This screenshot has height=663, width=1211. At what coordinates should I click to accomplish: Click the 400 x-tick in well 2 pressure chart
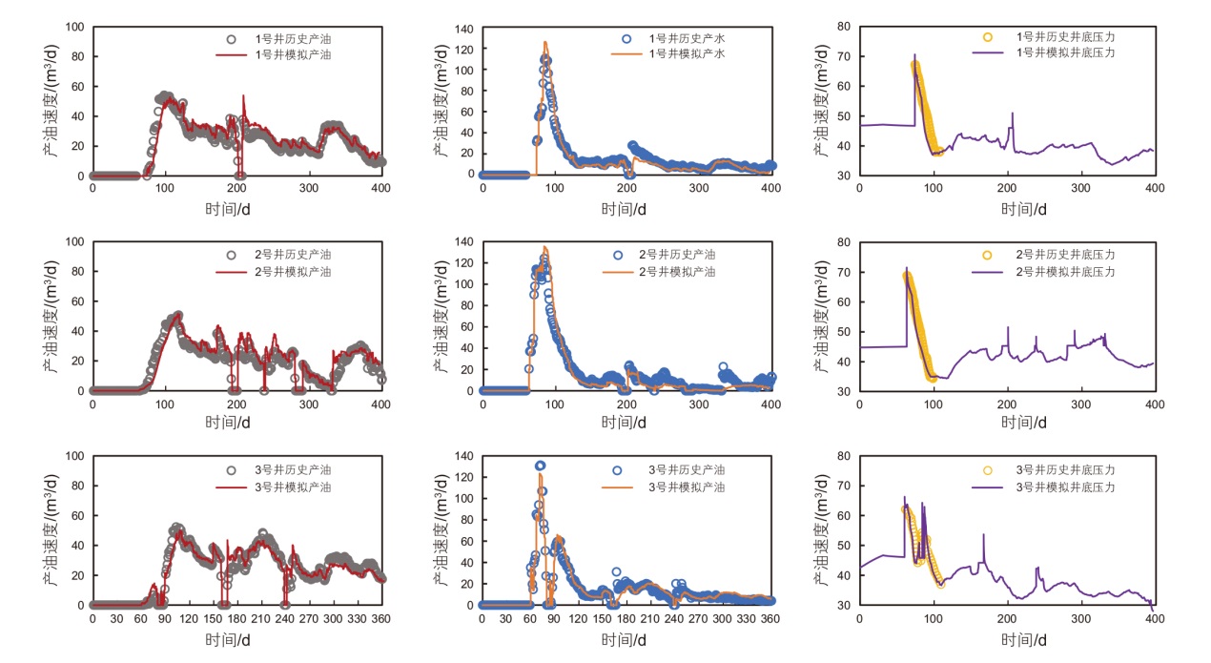pos(1154,404)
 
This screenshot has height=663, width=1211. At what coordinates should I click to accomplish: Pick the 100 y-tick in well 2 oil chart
pos(74,241)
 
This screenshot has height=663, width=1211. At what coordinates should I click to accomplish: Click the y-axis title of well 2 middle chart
pos(440,316)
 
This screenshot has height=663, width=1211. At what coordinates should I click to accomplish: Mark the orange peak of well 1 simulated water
pos(545,42)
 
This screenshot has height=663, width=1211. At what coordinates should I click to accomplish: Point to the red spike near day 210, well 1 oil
pos(243,95)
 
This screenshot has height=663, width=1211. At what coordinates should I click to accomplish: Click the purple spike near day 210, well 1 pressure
pos(1012,114)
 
